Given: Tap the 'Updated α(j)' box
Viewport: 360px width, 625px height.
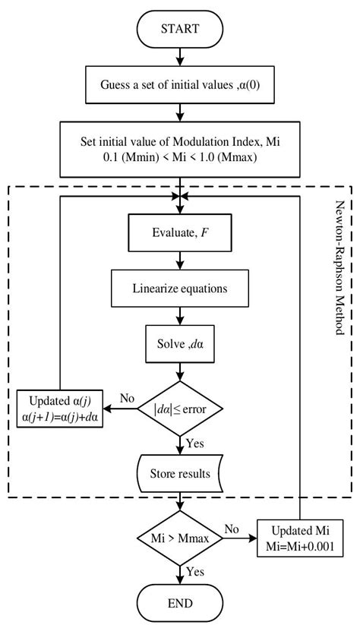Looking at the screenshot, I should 61,409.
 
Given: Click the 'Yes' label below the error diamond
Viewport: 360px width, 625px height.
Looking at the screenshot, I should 196,442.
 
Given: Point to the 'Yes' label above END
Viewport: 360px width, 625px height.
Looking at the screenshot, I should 196,571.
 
